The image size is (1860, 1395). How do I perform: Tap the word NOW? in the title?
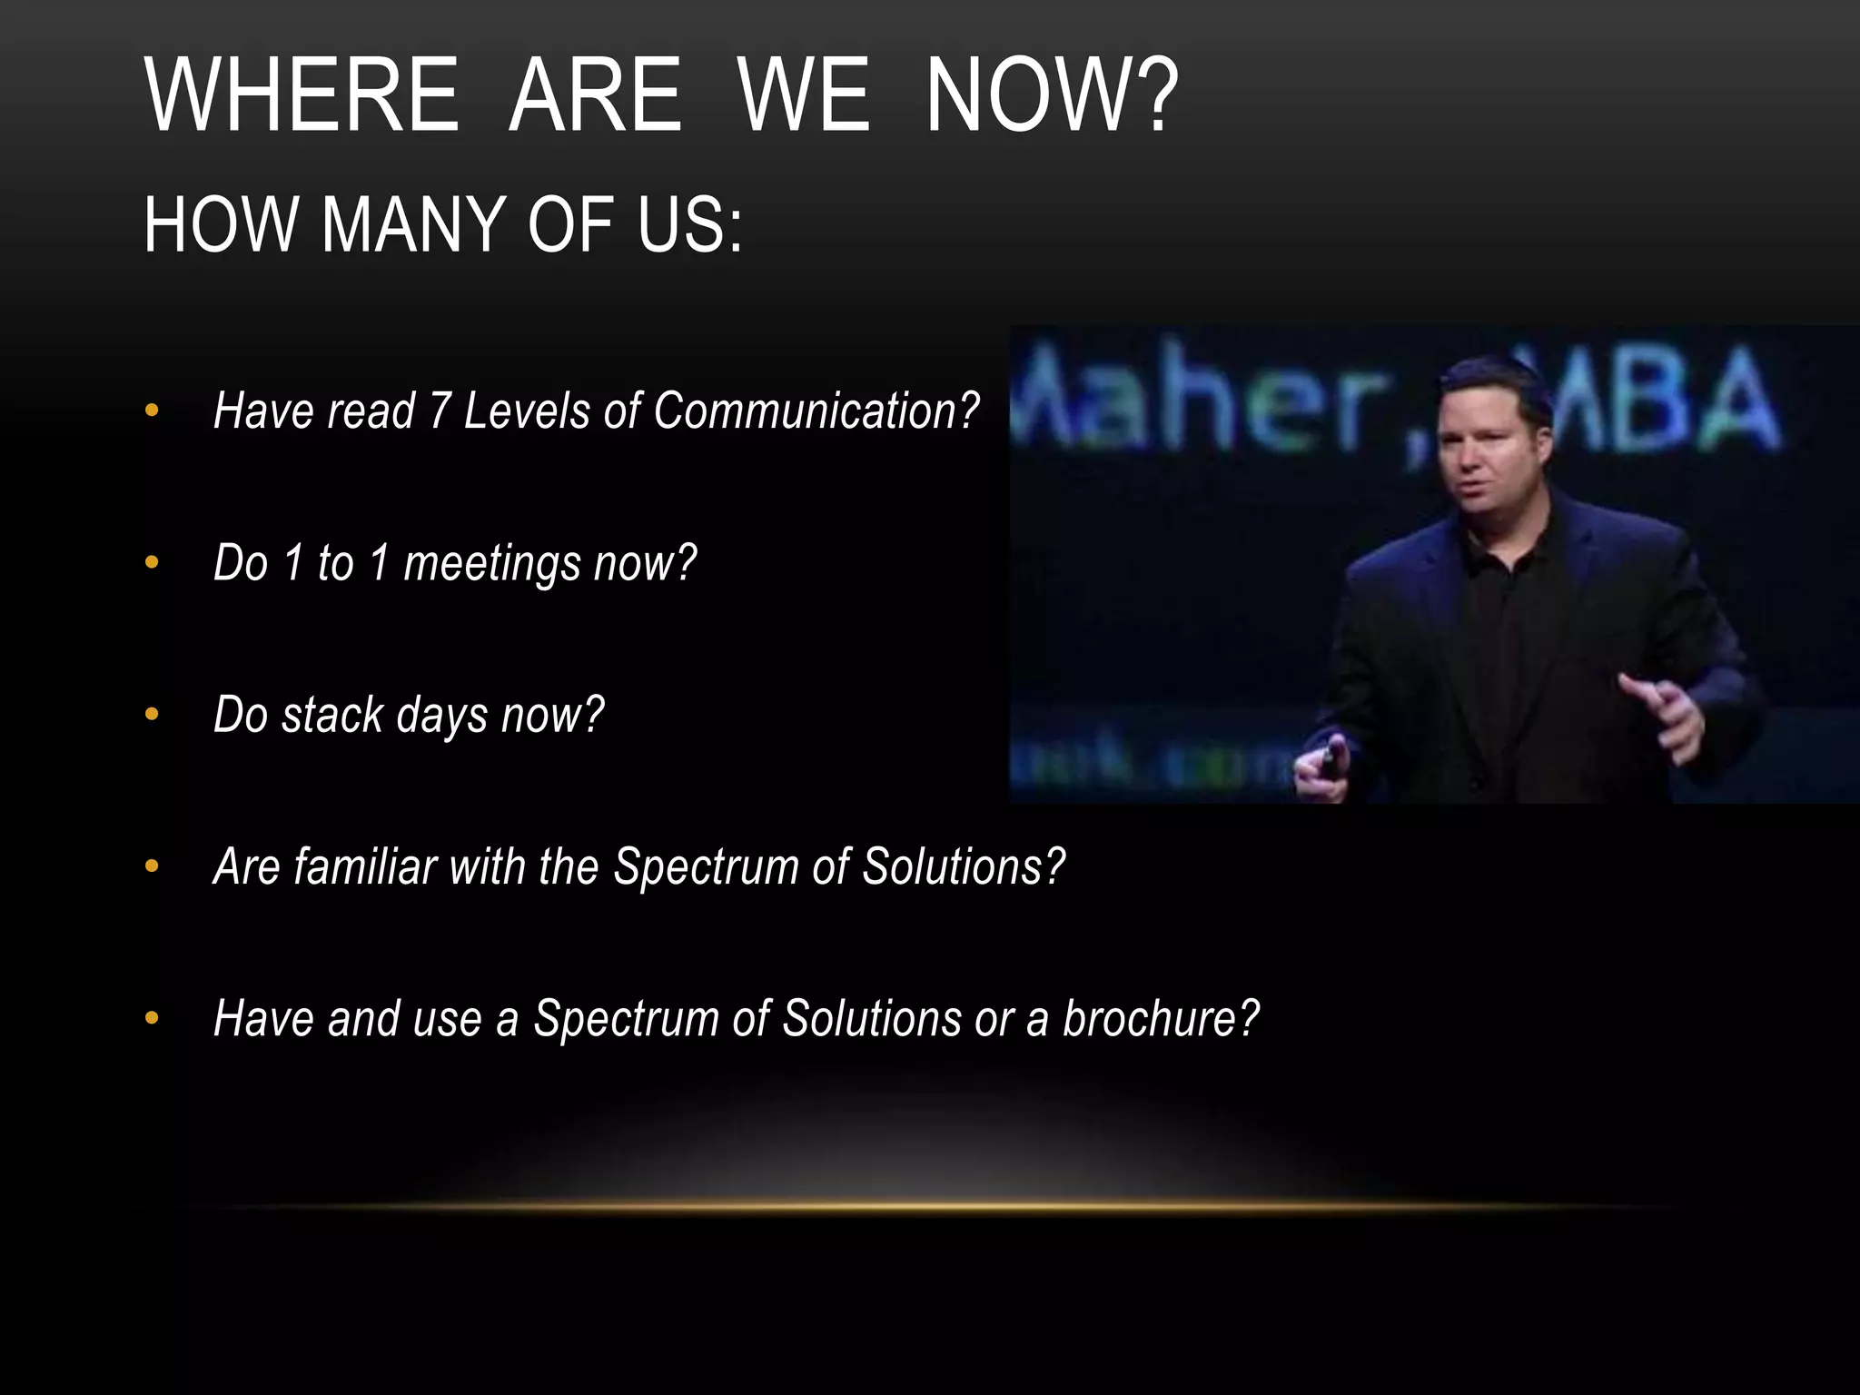click(x=1051, y=96)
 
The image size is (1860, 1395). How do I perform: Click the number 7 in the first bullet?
click(x=440, y=411)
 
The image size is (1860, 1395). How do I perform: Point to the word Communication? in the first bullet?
click(x=816, y=411)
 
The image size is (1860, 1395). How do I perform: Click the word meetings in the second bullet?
click(x=492, y=563)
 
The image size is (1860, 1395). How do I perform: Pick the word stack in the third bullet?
click(x=332, y=715)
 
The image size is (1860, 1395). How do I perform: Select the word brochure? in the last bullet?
click(x=1161, y=1018)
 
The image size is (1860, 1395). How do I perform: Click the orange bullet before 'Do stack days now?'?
click(x=152, y=716)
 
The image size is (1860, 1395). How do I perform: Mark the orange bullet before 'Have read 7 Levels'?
click(x=152, y=411)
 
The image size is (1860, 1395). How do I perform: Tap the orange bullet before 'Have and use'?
click(x=152, y=1019)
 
